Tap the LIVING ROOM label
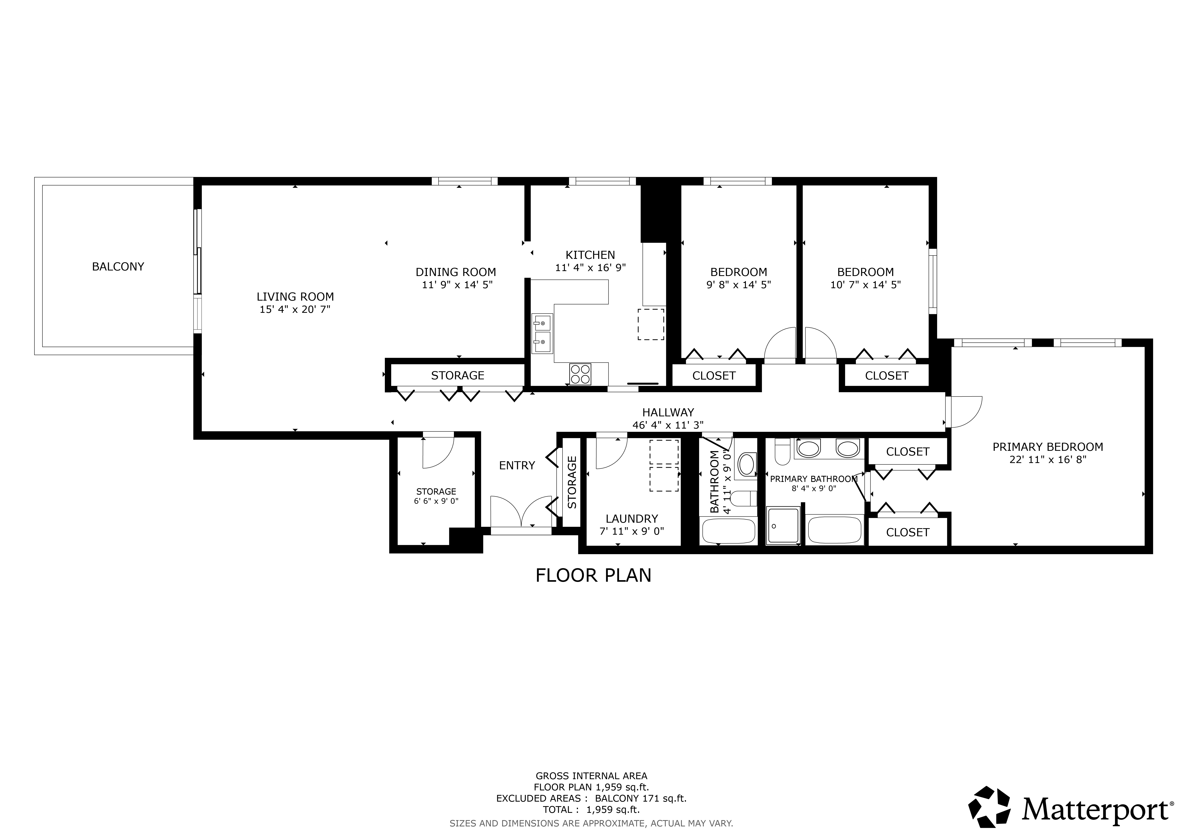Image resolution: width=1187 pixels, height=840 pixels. point(295,297)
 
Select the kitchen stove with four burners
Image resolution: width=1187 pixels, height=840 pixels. point(580,374)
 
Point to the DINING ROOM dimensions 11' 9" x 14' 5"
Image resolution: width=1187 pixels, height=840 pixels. point(457,284)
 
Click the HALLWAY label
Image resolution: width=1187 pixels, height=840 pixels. point(668,412)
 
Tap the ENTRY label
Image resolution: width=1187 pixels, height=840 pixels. point(517,466)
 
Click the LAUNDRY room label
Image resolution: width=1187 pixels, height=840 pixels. point(632,519)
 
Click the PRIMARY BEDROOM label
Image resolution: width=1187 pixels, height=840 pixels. point(1048,447)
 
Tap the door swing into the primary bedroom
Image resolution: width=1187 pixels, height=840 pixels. point(965,412)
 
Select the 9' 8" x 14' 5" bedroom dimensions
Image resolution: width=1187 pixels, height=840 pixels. point(739,284)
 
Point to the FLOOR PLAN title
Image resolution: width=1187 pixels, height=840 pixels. point(593,575)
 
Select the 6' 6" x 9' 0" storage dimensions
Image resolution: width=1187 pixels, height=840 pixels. point(436,501)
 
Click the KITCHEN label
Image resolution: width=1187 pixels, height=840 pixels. point(590,255)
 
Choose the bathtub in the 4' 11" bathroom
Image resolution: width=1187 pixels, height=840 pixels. point(728,530)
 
